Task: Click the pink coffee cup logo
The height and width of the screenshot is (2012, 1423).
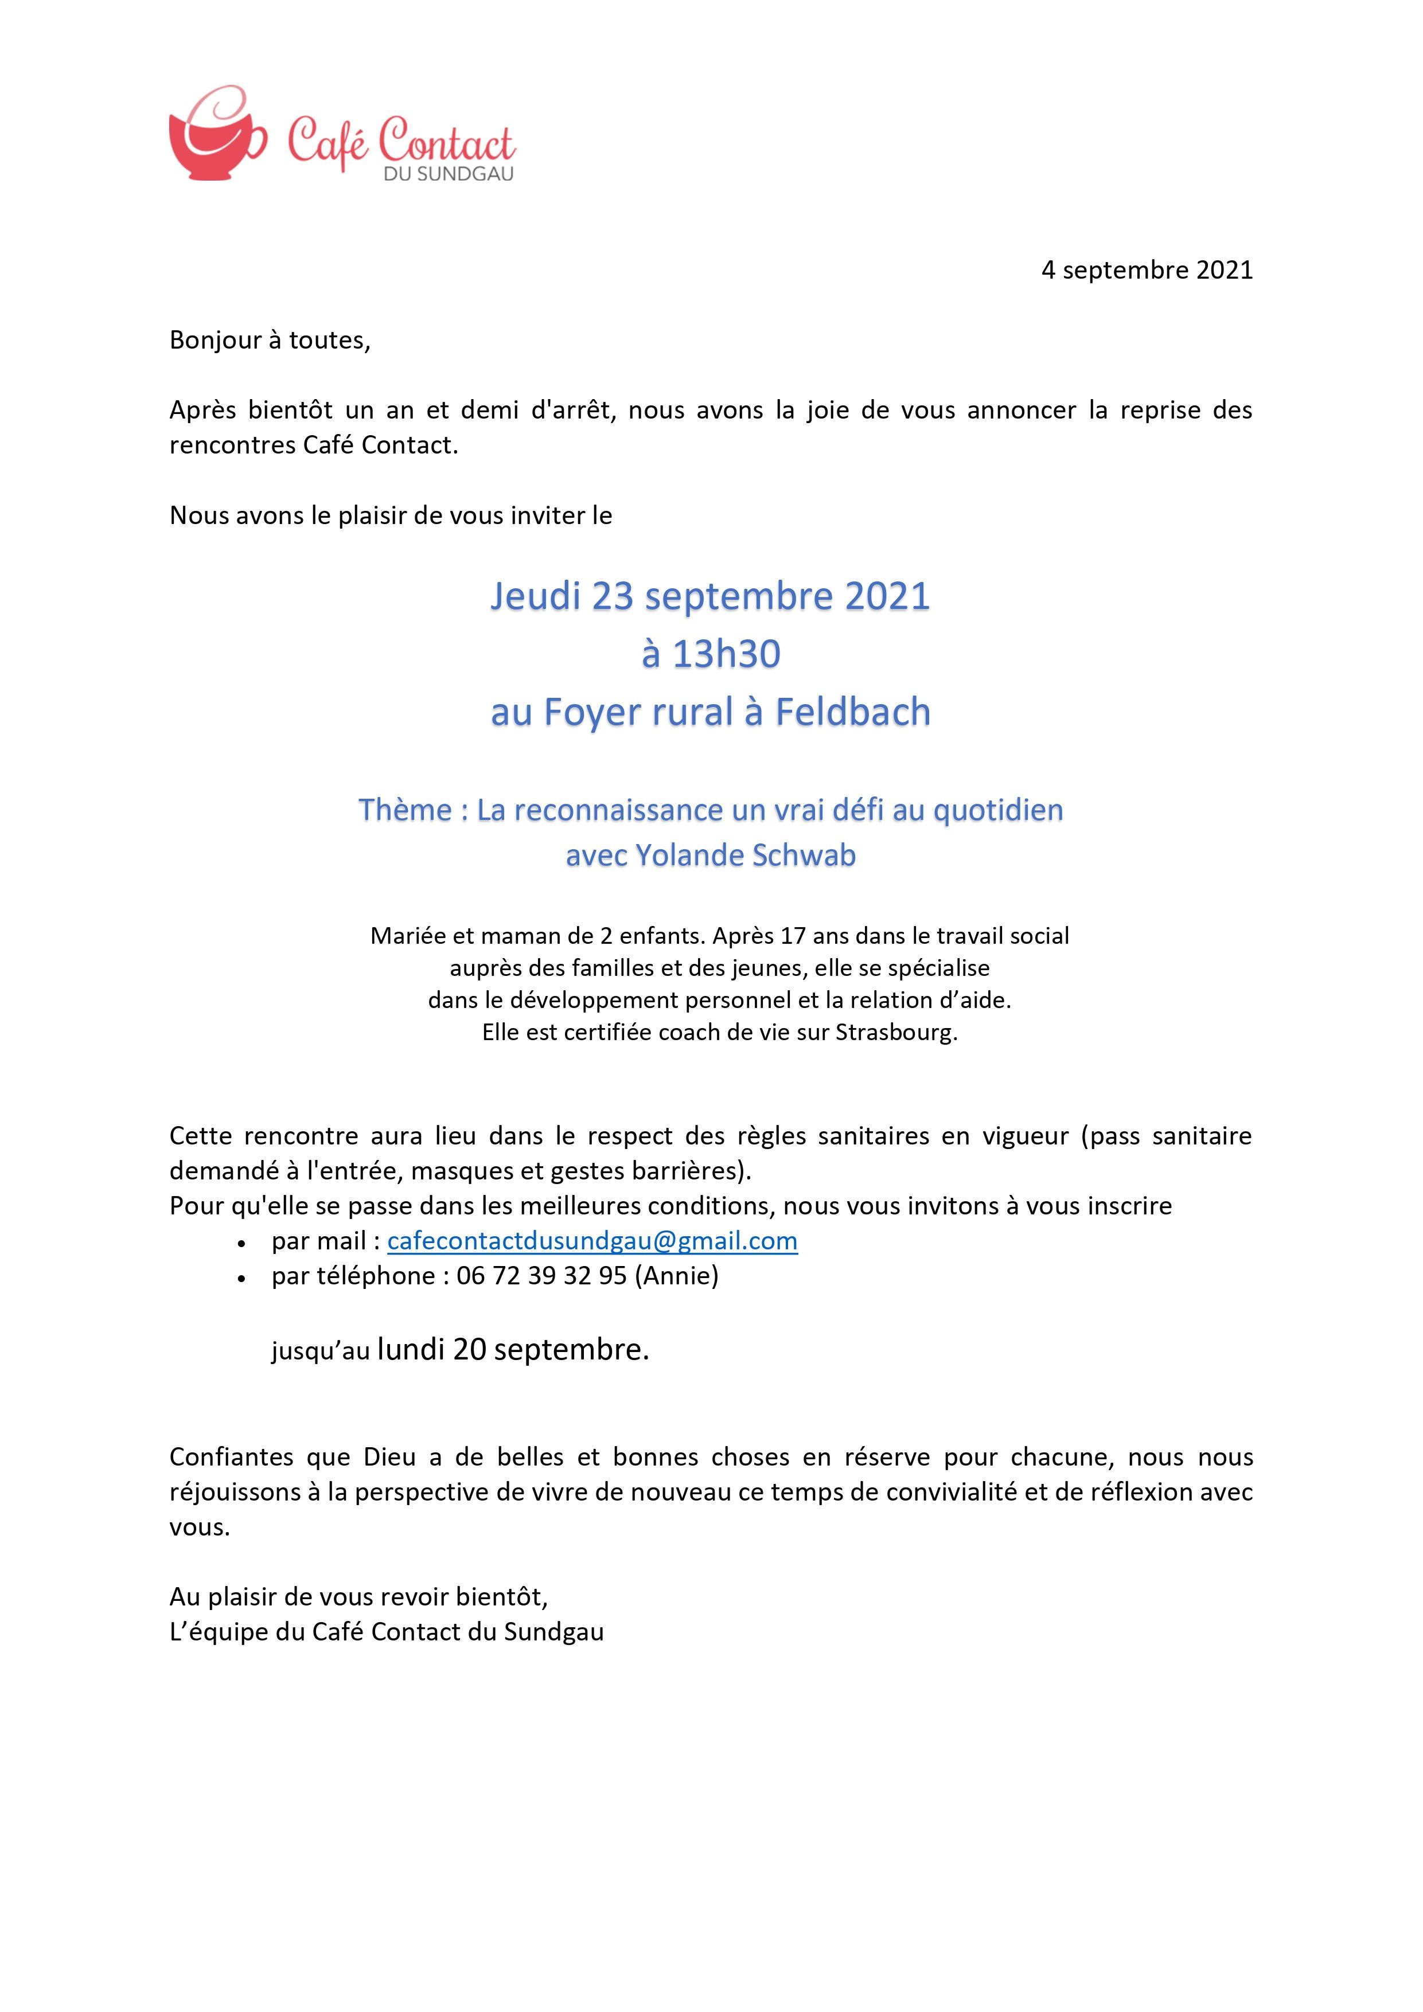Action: tap(215, 136)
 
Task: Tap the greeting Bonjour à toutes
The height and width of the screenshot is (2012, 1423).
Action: tap(270, 340)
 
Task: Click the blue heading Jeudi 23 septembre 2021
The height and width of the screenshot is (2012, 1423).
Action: tap(709, 597)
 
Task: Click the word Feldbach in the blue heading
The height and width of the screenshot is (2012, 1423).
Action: tap(852, 712)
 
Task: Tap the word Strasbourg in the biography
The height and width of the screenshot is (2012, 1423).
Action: tap(894, 1032)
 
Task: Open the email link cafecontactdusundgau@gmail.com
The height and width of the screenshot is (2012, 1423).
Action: tap(592, 1241)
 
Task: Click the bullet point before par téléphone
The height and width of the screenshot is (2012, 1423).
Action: tap(241, 1279)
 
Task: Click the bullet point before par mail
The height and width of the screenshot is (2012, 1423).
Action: tap(241, 1244)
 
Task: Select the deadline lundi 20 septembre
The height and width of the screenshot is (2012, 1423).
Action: tap(513, 1350)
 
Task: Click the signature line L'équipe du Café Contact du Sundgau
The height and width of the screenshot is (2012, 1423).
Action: tap(387, 1632)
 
